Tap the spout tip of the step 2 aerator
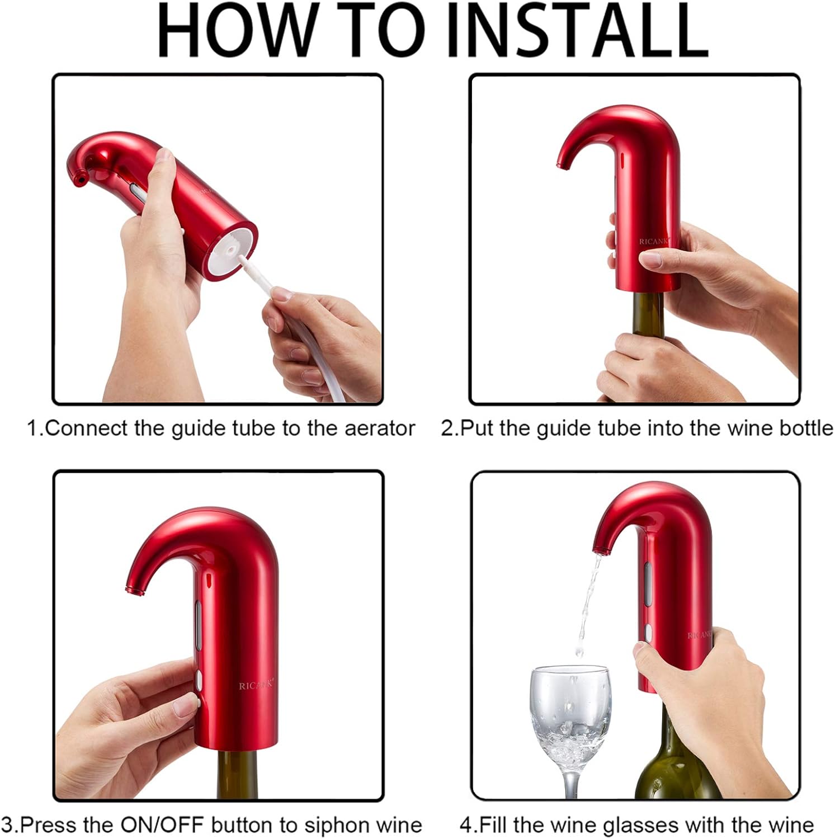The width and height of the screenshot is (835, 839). pos(561,164)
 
